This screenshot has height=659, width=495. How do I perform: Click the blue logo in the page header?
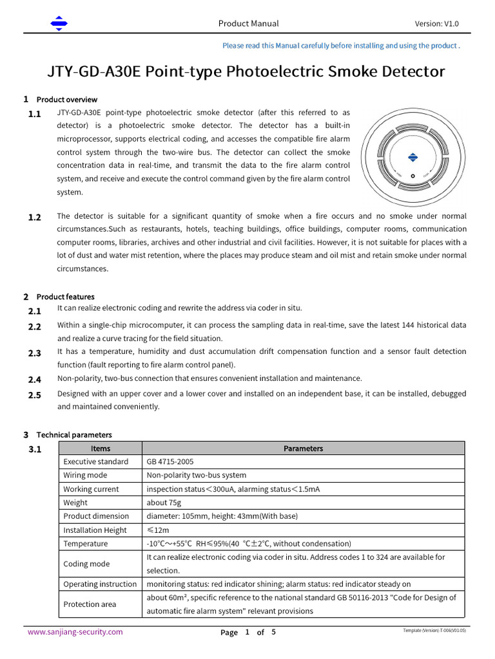(x=59, y=24)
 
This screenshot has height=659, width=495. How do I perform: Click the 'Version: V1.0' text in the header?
(x=436, y=24)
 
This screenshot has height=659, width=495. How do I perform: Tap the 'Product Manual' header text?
(x=248, y=24)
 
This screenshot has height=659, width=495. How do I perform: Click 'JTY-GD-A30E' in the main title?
(x=94, y=71)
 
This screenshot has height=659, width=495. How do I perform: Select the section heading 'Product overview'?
(x=67, y=100)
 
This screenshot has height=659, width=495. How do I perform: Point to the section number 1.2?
(x=35, y=218)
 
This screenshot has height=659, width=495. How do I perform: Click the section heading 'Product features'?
(x=66, y=297)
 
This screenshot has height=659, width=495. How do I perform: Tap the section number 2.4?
(x=35, y=380)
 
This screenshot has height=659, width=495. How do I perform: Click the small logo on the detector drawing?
(x=412, y=157)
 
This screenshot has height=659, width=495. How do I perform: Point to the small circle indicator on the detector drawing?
(x=412, y=176)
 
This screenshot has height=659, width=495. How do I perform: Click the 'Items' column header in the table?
(x=101, y=449)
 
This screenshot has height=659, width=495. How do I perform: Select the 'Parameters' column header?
(x=303, y=449)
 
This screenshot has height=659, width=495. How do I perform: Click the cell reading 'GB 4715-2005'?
(x=170, y=462)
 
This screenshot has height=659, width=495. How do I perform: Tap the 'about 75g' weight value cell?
(x=164, y=503)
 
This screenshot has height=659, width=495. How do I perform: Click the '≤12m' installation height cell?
(x=158, y=530)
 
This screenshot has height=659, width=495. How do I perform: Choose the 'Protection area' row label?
(x=90, y=604)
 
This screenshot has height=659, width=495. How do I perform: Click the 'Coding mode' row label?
(x=86, y=564)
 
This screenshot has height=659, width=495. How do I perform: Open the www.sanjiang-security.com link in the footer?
(x=75, y=632)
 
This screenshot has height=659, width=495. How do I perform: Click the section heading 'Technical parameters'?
(x=74, y=435)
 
